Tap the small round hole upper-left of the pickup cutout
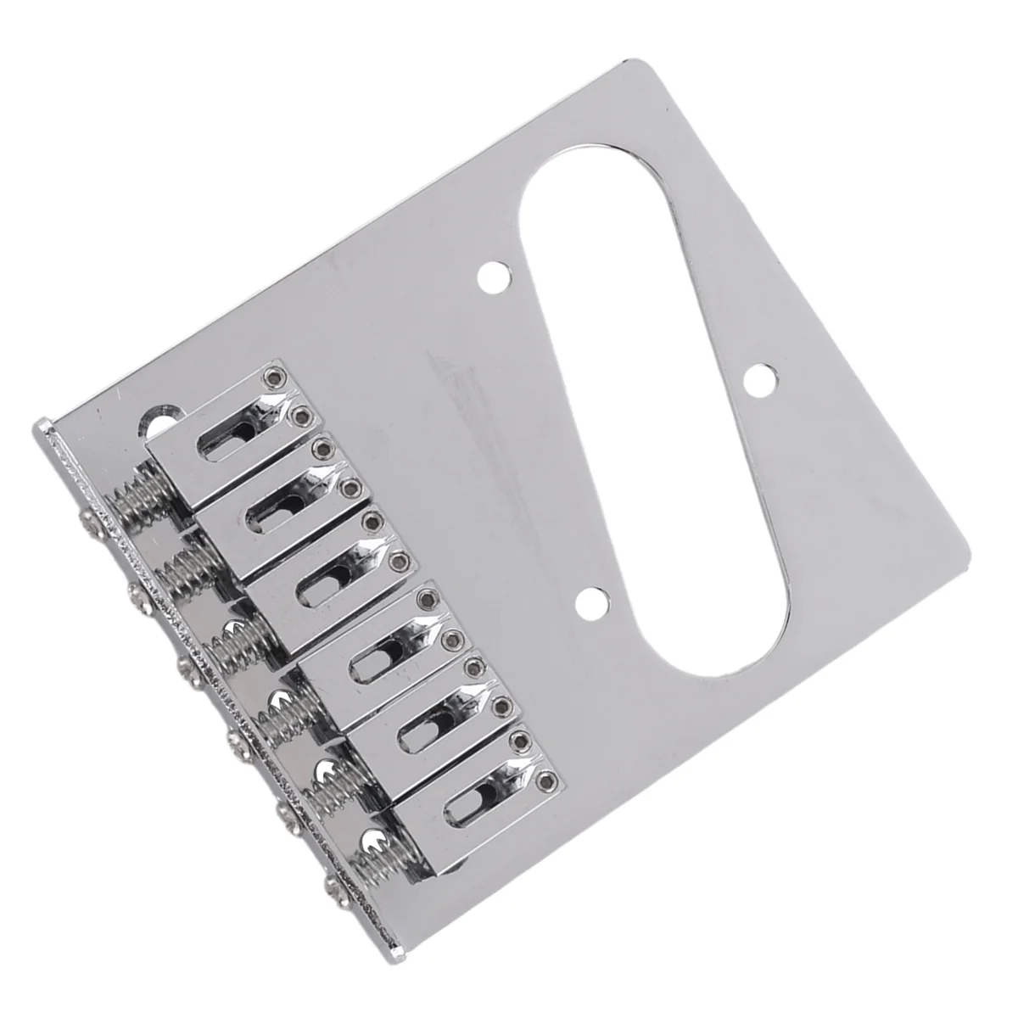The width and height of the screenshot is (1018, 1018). pos(490,276)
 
